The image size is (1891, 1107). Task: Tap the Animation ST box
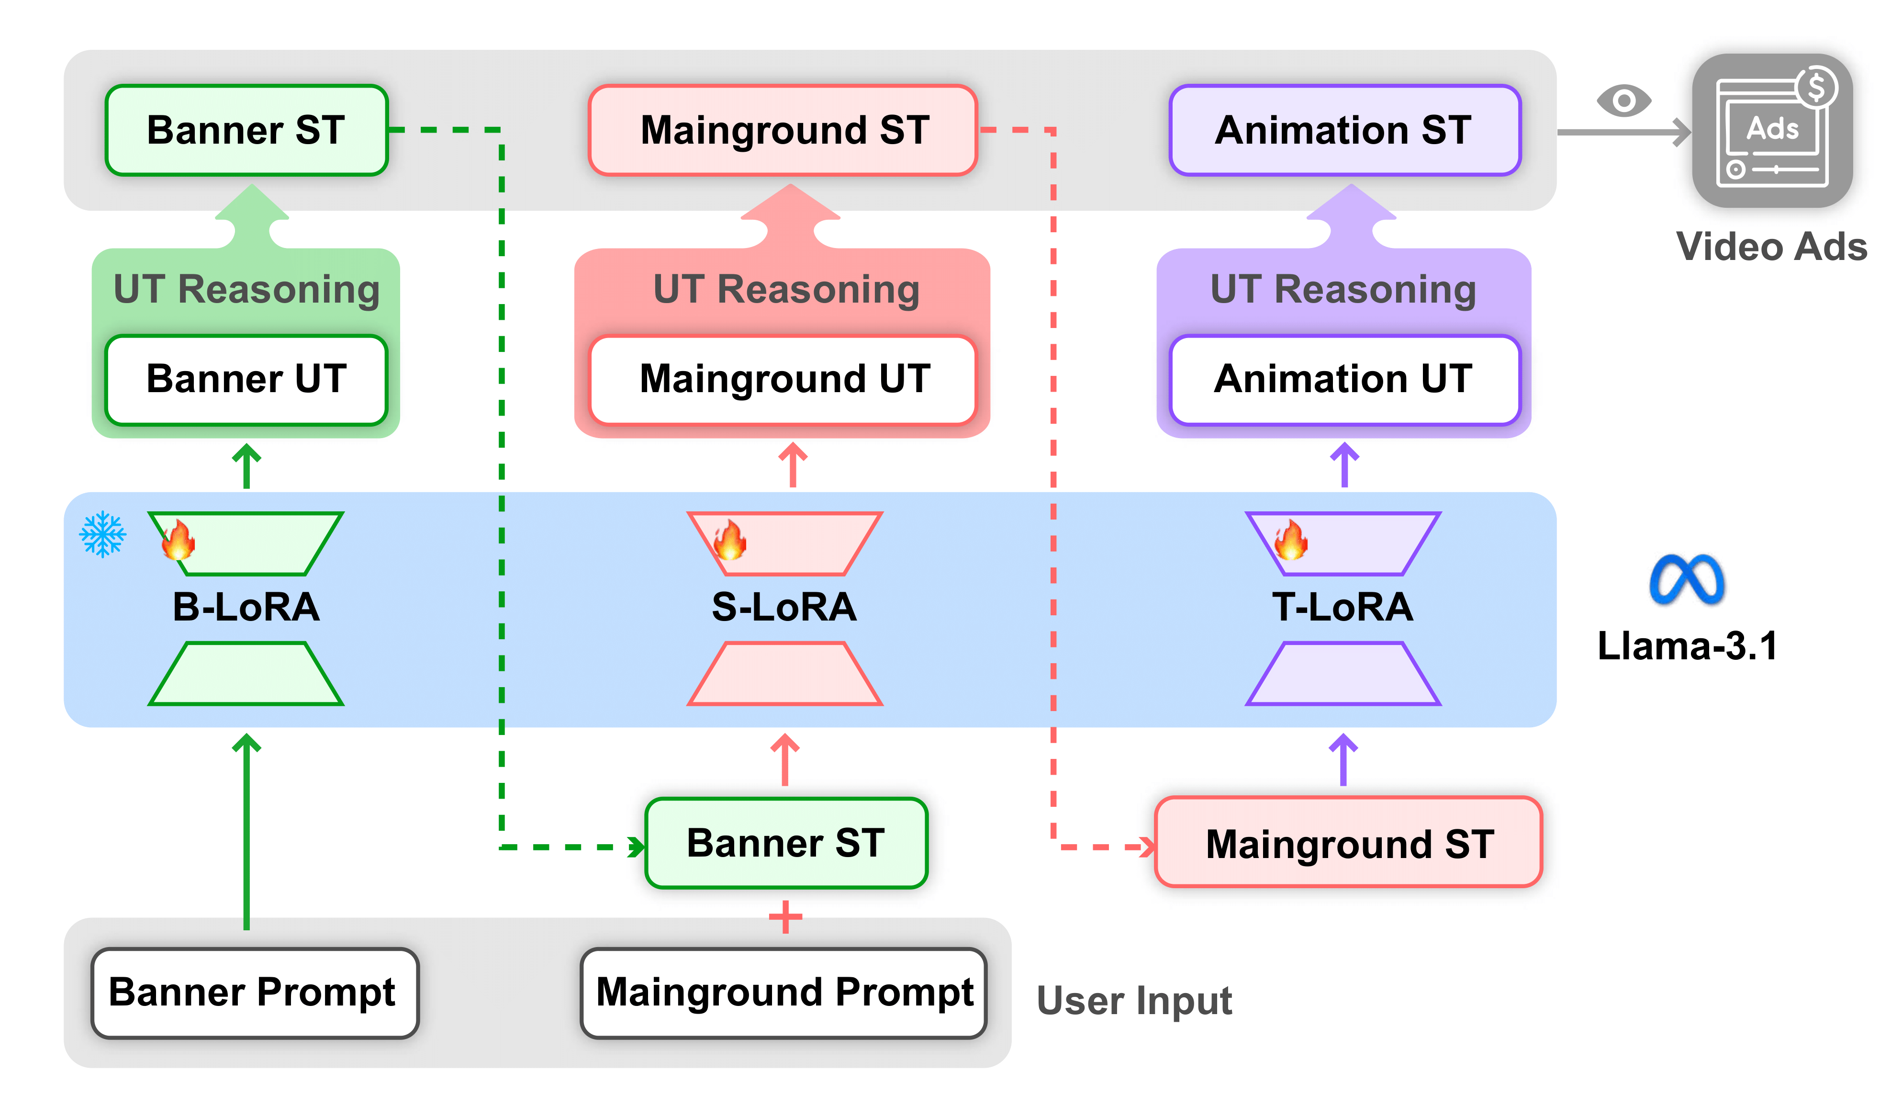pyautogui.click(x=1344, y=131)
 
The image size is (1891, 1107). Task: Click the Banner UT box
pyautogui.click(x=246, y=379)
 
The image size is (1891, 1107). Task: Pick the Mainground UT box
pyautogui.click(x=783, y=379)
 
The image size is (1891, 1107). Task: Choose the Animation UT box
pyautogui.click(x=1344, y=379)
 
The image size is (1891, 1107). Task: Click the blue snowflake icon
pyautogui.click(x=103, y=534)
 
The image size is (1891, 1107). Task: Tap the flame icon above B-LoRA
pyautogui.click(x=179, y=541)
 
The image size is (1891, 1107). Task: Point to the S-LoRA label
pyautogui.click(x=783, y=607)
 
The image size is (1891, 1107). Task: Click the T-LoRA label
pyautogui.click(x=1343, y=607)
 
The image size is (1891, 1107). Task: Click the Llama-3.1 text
pyautogui.click(x=1687, y=645)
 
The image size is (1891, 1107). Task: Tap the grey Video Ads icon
pyautogui.click(x=1772, y=131)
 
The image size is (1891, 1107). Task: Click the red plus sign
pyautogui.click(x=785, y=916)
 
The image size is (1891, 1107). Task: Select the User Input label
pyautogui.click(x=1134, y=1000)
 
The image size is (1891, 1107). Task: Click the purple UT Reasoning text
pyautogui.click(x=1343, y=290)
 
